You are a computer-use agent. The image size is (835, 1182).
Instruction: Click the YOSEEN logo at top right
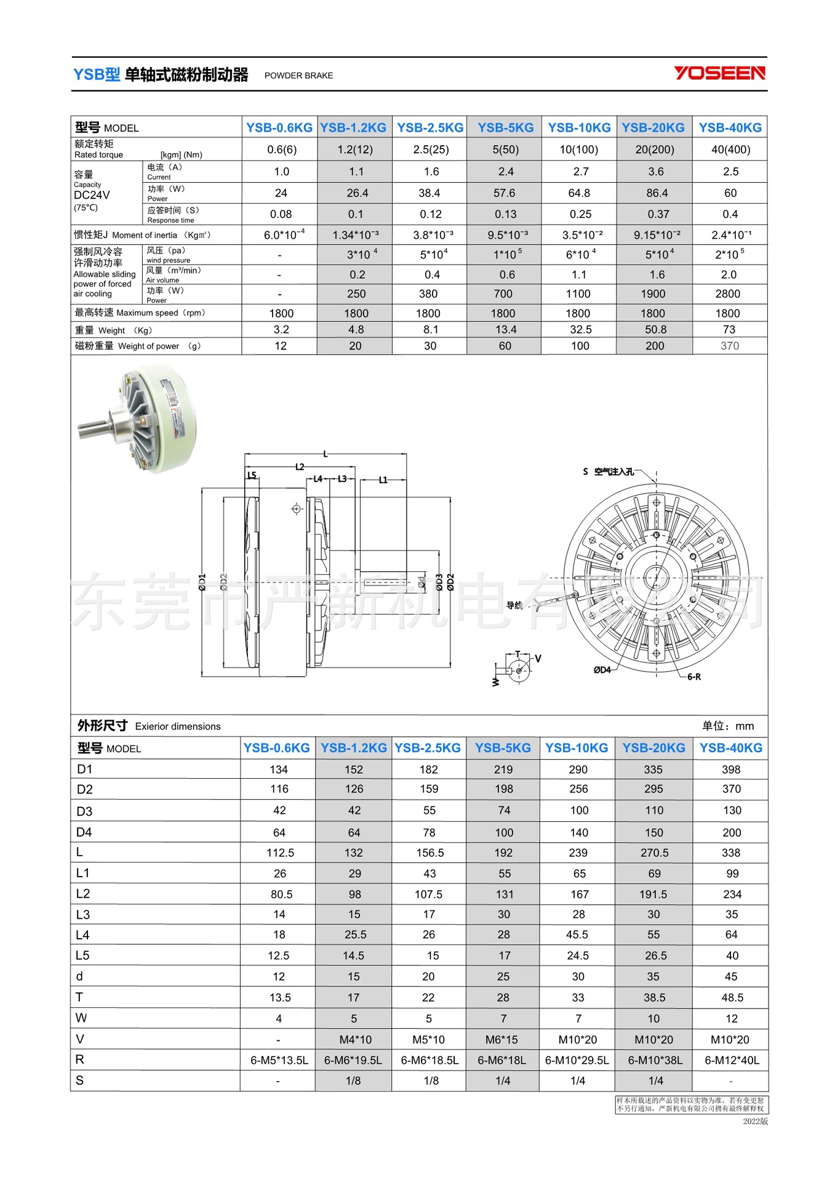click(719, 73)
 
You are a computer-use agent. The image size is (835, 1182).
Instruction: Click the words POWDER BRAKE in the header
click(298, 76)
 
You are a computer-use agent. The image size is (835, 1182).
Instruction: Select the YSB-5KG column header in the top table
click(505, 127)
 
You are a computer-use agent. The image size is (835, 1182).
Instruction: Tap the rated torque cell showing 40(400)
click(730, 150)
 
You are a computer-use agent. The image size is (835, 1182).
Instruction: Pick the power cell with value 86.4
click(657, 193)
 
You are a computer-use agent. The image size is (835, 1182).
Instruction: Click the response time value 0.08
click(281, 214)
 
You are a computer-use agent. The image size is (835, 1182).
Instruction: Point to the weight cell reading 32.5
click(580, 330)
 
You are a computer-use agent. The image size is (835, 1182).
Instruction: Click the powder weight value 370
click(730, 346)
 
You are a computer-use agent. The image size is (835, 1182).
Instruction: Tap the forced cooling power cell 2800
click(727, 294)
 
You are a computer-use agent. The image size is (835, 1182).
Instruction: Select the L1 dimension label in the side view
click(383, 480)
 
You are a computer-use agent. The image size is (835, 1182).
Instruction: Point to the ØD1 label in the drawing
click(202, 582)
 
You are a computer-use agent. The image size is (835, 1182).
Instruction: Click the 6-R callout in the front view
click(693, 677)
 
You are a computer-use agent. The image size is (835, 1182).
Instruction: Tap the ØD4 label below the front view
click(602, 670)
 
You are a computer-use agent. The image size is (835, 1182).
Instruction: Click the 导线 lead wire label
click(514, 605)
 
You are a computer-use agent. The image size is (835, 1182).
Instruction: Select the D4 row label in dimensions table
click(84, 832)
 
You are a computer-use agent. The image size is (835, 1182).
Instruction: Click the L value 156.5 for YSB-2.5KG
click(429, 853)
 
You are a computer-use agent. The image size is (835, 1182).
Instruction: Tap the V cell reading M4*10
click(355, 1040)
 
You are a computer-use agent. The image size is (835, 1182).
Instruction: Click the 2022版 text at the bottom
click(755, 1121)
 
